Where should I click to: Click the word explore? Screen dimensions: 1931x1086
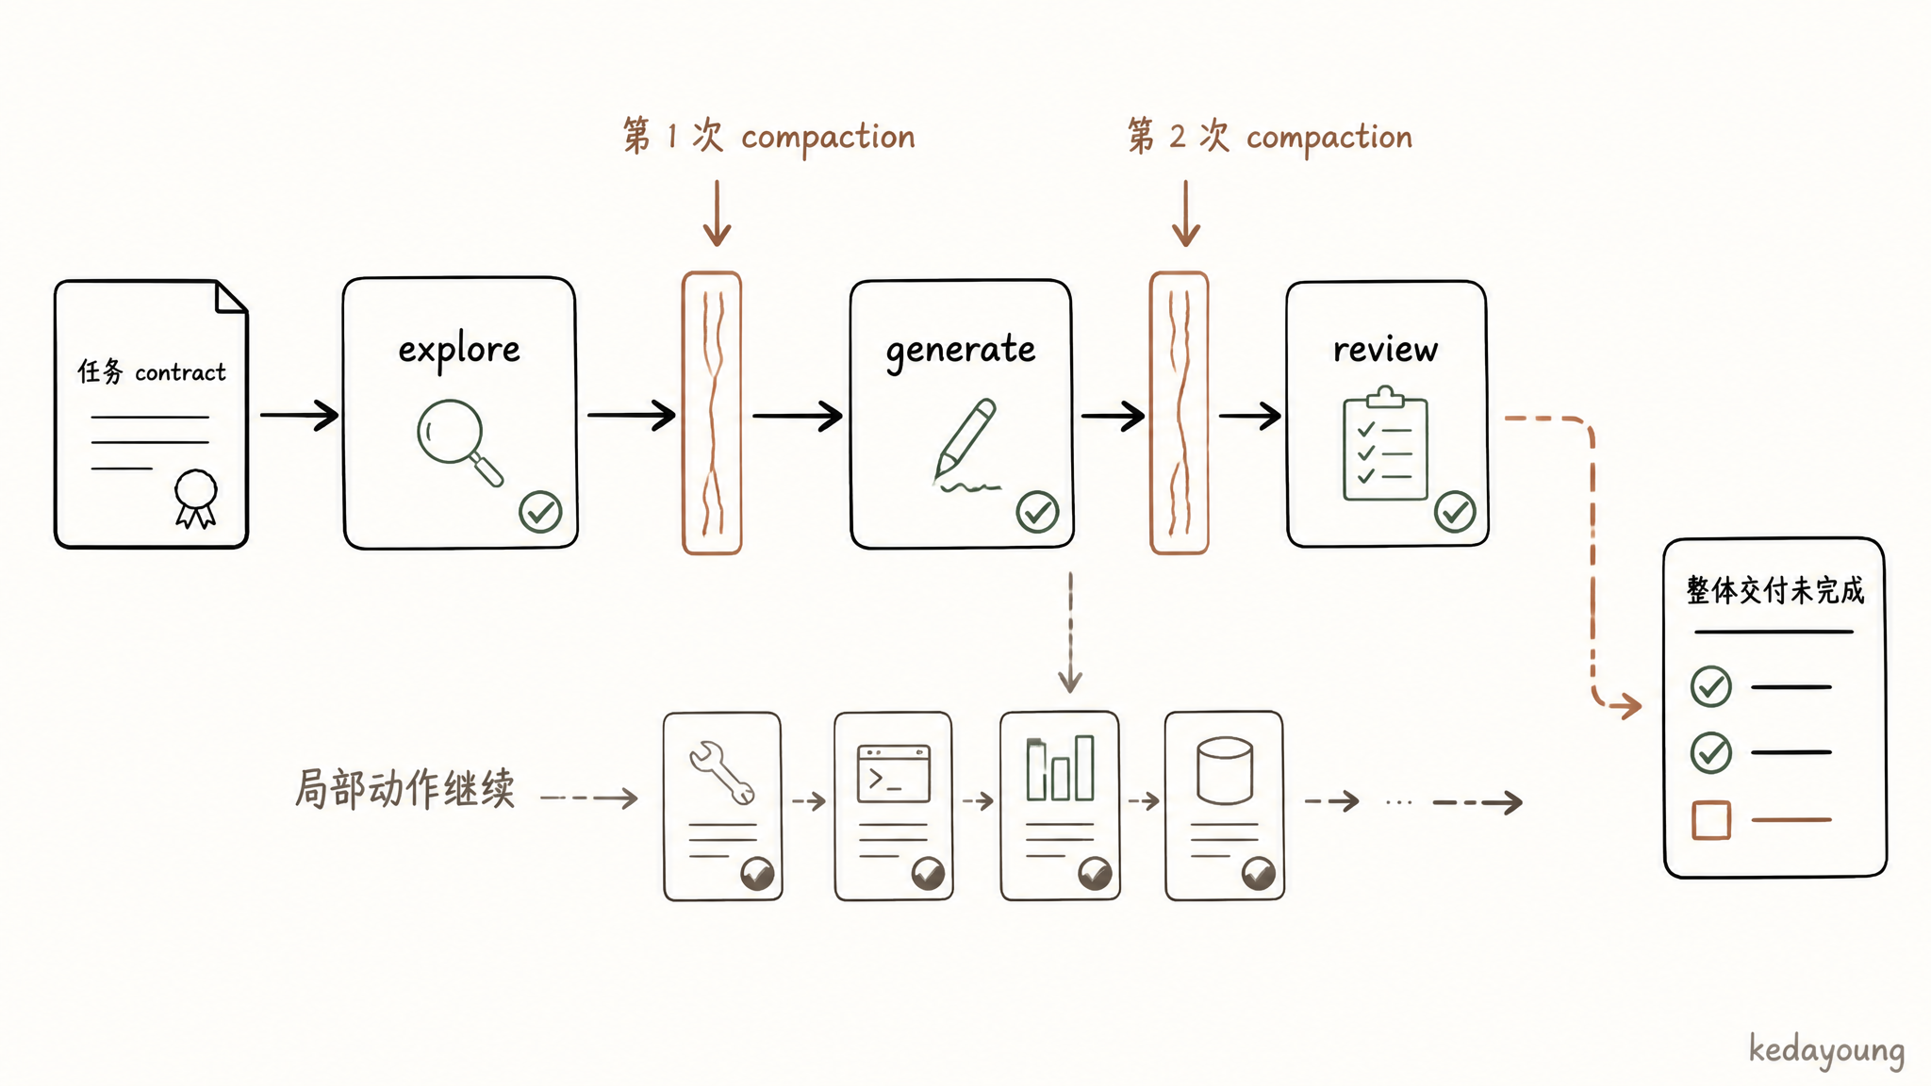[459, 351]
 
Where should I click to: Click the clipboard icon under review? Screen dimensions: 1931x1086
[1385, 442]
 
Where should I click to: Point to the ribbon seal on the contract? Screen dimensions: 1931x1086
[196, 498]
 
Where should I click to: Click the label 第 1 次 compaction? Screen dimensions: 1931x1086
[768, 137]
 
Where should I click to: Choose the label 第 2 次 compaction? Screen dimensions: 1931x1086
[1270, 137]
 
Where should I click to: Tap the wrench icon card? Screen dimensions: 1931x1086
[722, 806]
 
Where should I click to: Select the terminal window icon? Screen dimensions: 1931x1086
[894, 774]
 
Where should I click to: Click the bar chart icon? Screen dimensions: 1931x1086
[1060, 768]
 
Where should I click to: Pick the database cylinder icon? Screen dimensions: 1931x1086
[1224, 771]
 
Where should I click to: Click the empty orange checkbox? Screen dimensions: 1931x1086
[1711, 820]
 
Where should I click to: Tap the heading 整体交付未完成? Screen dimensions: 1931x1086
[1775, 591]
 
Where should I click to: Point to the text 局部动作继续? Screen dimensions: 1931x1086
[405, 788]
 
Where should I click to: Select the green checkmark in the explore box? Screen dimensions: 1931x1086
[540, 512]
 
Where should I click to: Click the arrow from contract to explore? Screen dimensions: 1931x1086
[300, 415]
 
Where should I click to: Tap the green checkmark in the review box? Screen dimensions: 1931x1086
[1455, 512]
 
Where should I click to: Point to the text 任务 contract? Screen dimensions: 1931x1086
[152, 371]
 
